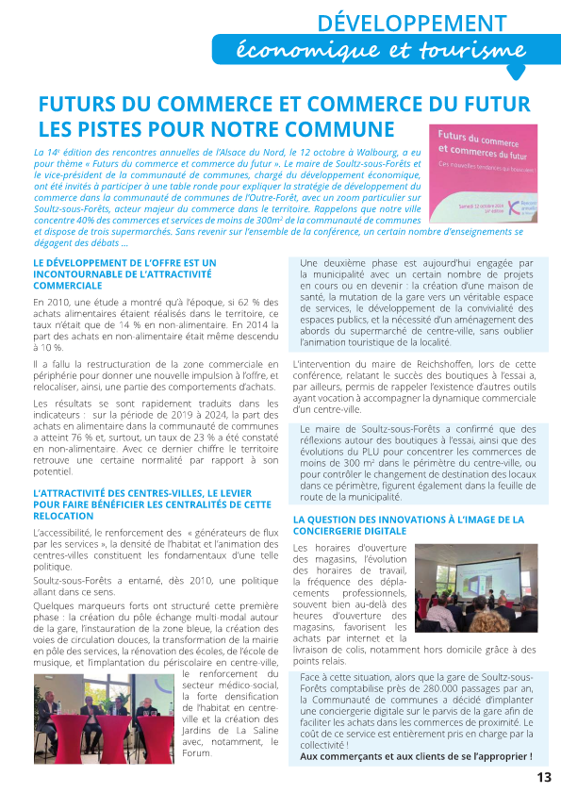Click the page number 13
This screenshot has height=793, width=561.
tap(543, 777)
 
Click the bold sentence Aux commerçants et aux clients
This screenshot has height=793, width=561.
tap(415, 756)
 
